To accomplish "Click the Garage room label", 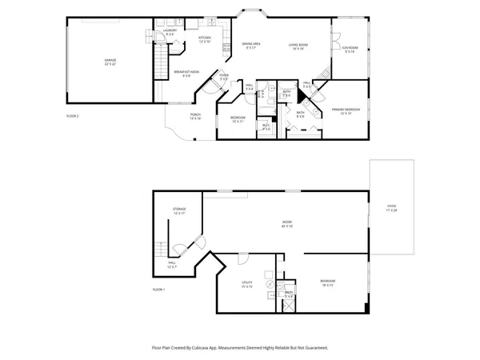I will click(x=110, y=61).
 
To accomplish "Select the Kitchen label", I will click(x=204, y=38).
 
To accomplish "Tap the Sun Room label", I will click(x=350, y=49).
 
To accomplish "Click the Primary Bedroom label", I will click(x=346, y=110).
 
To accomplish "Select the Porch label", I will click(x=195, y=116).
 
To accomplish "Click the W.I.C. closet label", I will click(x=266, y=126).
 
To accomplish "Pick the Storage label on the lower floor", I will click(x=178, y=211).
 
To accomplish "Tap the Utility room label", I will click(x=247, y=283).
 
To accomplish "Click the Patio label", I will click(x=391, y=207).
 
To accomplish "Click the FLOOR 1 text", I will click(x=158, y=289).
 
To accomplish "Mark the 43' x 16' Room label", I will click(x=286, y=222).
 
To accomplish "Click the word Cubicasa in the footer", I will click(x=213, y=348).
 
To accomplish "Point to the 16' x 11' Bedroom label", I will click(x=327, y=282).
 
